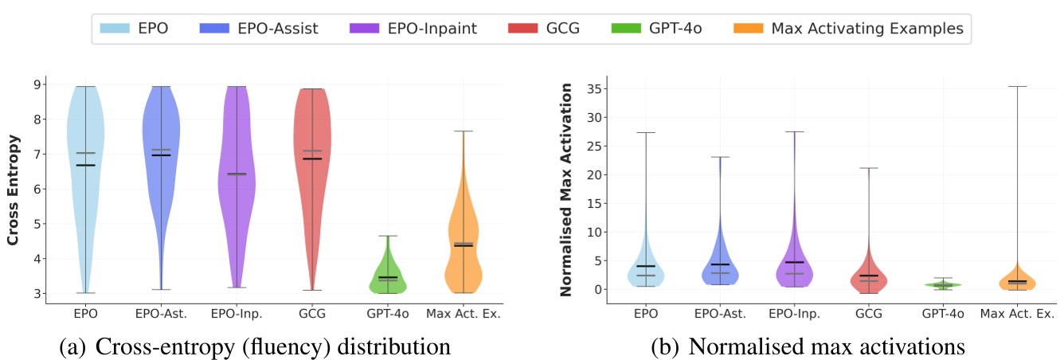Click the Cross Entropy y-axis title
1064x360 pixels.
(x=14, y=190)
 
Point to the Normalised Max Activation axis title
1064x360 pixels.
(x=566, y=190)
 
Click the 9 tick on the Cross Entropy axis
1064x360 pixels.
(x=37, y=84)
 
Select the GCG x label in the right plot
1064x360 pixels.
(x=869, y=314)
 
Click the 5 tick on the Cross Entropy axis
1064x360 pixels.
(x=37, y=224)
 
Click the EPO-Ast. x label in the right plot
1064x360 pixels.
(x=720, y=314)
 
